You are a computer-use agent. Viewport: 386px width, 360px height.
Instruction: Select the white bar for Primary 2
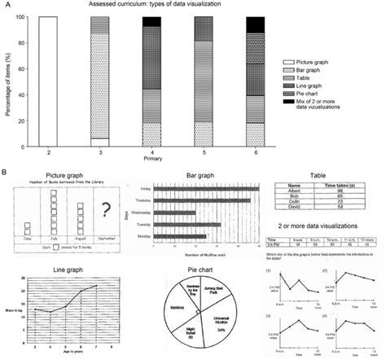(x=49, y=81)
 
